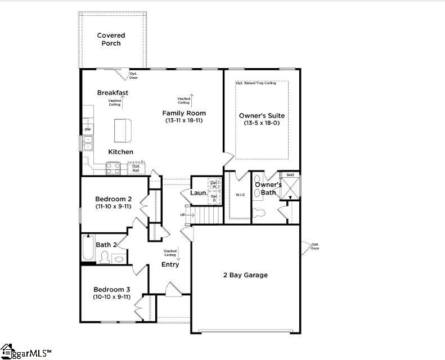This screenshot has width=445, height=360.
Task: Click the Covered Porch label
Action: click(x=111, y=39)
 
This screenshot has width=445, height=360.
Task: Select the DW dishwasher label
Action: click(x=88, y=130)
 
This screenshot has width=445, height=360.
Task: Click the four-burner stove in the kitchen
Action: click(x=113, y=166)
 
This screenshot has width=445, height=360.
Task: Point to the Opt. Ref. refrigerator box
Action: click(x=136, y=168)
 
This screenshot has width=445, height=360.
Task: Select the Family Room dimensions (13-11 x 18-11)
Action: click(x=184, y=121)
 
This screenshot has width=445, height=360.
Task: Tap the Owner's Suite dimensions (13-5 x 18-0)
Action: click(x=262, y=123)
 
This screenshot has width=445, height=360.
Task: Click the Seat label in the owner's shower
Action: click(x=290, y=175)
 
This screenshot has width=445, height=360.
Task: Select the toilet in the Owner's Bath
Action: click(x=258, y=213)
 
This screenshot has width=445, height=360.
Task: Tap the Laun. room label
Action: click(x=199, y=193)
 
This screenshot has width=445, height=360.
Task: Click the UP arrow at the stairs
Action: click(x=182, y=215)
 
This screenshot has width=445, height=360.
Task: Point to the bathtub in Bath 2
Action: click(x=88, y=250)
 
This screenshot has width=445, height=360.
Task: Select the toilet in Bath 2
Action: click(x=104, y=258)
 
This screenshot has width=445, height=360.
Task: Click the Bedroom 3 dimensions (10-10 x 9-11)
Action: click(x=112, y=296)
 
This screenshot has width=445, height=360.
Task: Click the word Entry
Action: click(x=170, y=264)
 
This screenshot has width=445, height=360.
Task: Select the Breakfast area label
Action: click(x=113, y=93)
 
